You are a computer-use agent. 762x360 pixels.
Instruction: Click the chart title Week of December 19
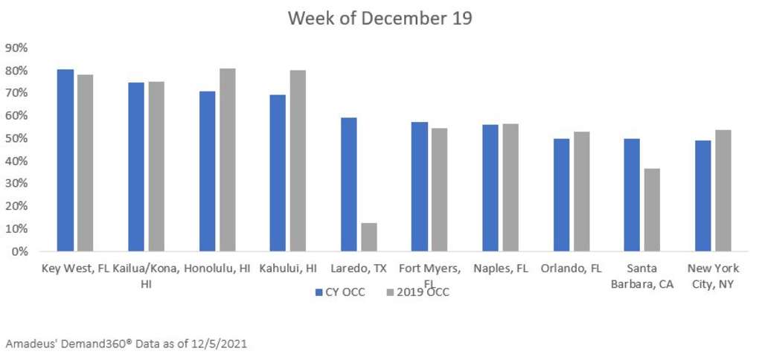[380, 19]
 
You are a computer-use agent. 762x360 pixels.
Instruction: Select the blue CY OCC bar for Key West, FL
[65, 160]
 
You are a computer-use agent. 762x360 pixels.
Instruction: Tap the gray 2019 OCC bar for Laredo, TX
[368, 237]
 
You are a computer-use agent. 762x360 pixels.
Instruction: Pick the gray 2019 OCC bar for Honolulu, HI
[227, 160]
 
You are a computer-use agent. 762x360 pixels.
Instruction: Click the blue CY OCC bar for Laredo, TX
[349, 184]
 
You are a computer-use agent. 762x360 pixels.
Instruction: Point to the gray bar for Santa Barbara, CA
[652, 210]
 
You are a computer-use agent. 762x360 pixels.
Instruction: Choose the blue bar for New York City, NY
[702, 196]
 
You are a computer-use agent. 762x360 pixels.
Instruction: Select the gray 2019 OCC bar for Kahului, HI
[298, 161]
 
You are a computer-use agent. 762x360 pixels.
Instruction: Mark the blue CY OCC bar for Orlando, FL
[561, 195]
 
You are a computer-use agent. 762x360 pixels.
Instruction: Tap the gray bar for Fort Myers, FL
[439, 190]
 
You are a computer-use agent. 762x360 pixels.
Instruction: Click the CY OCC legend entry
[339, 292]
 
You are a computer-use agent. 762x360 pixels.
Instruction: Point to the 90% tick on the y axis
[16, 48]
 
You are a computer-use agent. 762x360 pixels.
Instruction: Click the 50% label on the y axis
[16, 138]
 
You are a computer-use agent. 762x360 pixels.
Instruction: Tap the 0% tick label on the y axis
[19, 251]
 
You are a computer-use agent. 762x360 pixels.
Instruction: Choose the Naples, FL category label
[501, 269]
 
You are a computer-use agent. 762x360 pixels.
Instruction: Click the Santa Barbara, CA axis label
[643, 276]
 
